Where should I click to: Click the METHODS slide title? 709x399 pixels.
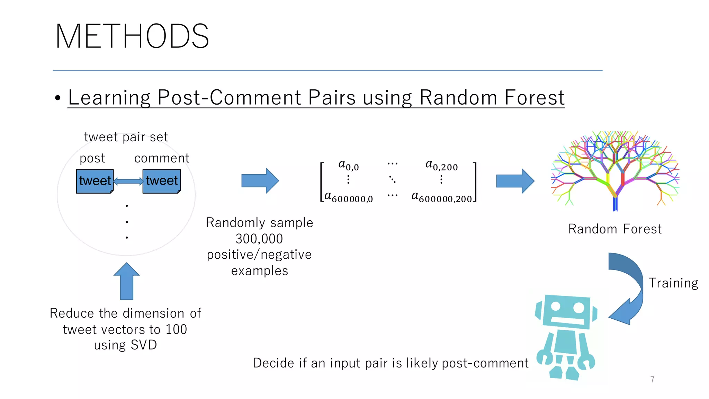132,36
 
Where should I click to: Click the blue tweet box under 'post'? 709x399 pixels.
95,181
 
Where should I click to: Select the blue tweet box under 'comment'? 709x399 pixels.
162,181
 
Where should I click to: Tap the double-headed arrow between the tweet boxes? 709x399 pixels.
128,181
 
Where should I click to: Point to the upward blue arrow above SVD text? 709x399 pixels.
127,281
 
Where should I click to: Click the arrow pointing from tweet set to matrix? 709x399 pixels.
260,180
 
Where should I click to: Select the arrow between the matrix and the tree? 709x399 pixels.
515,181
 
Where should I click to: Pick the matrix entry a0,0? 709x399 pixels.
348,165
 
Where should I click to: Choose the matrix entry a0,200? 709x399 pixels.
441,165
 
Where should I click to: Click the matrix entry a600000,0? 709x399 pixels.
348,197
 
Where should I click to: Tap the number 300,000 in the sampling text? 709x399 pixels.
259,239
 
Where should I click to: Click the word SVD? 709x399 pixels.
144,345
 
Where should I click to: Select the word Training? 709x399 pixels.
673,283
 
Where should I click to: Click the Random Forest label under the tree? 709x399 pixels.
615,229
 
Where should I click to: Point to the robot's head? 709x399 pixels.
566,311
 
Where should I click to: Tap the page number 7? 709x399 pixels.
652,379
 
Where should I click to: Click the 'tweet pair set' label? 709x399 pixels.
126,137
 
